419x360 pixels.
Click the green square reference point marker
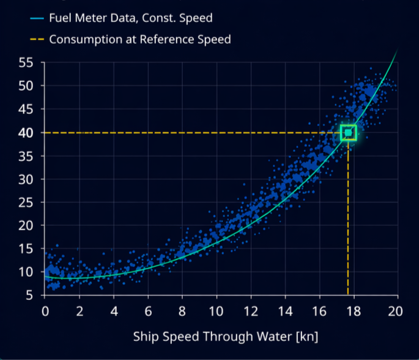coord(348,132)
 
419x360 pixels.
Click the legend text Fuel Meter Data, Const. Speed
coord(131,18)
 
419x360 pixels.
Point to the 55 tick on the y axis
coord(25,62)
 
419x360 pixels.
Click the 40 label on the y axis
coord(25,133)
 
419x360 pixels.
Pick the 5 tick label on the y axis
coord(29,296)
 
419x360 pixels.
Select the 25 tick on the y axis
coord(25,203)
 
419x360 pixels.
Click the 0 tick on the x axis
coord(45,310)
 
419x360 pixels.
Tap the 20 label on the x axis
coord(396,310)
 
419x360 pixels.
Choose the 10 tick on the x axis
coord(216,310)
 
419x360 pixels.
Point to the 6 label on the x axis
coord(147,310)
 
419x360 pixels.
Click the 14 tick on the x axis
coord(284,310)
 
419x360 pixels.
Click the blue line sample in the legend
coord(35,18)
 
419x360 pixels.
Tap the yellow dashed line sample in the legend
coord(35,40)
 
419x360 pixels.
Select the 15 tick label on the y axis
coord(25,249)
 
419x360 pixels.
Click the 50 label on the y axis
coord(25,86)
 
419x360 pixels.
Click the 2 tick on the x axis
coord(79,310)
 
